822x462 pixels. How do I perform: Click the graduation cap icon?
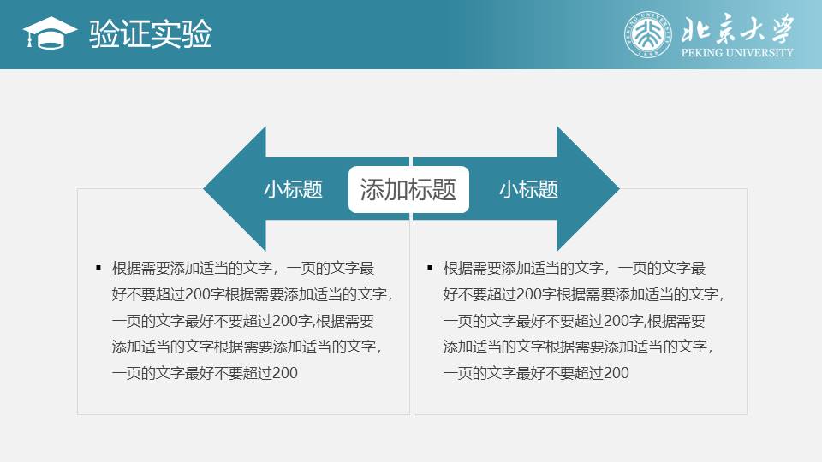click(50, 33)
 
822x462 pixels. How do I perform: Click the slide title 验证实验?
click(151, 34)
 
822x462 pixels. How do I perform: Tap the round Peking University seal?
click(648, 34)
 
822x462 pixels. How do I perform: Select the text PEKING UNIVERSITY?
click(737, 52)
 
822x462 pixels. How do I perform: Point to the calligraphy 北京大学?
click(737, 29)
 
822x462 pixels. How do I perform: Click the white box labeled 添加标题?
click(408, 189)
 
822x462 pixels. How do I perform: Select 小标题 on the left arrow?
click(293, 189)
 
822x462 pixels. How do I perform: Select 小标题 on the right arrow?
click(528, 189)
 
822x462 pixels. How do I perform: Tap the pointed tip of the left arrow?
click(204, 189)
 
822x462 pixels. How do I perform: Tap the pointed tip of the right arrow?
click(619, 189)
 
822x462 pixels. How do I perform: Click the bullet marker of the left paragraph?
click(98, 268)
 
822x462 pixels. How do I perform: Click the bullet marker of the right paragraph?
click(430, 268)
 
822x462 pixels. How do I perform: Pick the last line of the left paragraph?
click(205, 373)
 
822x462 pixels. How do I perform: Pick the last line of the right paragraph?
click(536, 373)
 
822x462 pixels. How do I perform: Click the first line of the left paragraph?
click(242, 268)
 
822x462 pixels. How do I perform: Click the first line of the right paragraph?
click(574, 268)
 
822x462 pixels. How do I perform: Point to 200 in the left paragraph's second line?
click(198, 294)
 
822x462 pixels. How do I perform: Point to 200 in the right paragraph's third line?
click(617, 321)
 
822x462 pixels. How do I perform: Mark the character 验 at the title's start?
click(104, 34)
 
